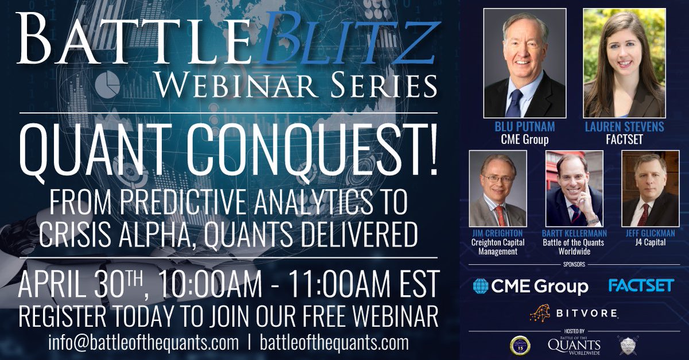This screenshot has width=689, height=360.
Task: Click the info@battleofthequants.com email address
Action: click(x=144, y=343)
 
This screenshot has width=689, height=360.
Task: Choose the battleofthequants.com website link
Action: click(x=334, y=343)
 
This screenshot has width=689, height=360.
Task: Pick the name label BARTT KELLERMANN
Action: click(x=574, y=234)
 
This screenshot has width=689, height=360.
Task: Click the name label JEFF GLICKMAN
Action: click(x=649, y=234)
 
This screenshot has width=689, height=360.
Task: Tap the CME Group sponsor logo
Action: click(x=530, y=286)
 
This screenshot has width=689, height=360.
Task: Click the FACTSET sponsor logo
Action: click(x=640, y=285)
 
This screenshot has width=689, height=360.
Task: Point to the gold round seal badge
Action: click(x=519, y=345)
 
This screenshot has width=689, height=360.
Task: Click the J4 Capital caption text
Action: click(x=649, y=243)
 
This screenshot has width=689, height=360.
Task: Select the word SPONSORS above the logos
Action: click(x=574, y=267)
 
